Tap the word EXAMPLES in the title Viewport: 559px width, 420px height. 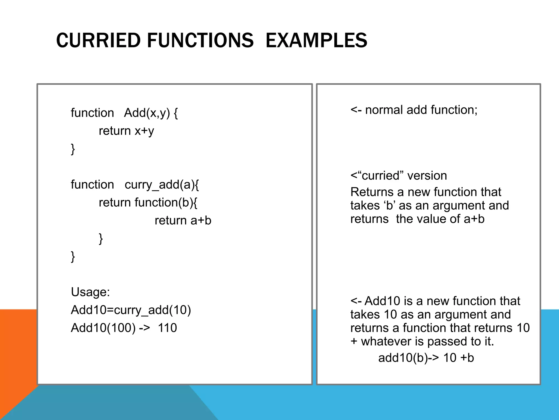click(x=316, y=40)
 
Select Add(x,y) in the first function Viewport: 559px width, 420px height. click(x=147, y=113)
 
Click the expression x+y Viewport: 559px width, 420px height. click(x=144, y=131)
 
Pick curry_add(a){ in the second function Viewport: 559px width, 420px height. click(x=162, y=185)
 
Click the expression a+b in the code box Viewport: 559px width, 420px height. click(x=201, y=220)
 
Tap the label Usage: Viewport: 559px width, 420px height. click(x=90, y=292)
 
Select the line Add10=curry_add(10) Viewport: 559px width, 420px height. click(x=131, y=310)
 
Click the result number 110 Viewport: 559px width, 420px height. click(x=167, y=328)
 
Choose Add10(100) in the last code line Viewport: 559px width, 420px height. click(x=103, y=328)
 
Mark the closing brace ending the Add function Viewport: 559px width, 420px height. click(x=73, y=149)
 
